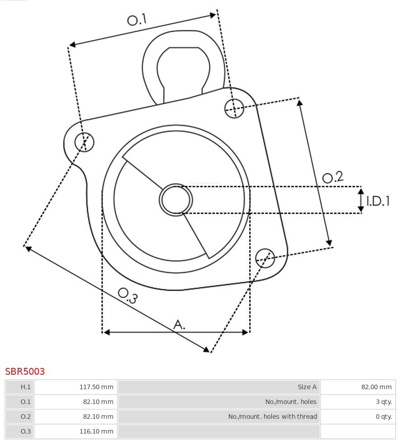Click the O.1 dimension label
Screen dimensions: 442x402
click(137, 20)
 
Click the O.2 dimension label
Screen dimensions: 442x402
click(333, 177)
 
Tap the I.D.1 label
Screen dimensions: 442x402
click(378, 201)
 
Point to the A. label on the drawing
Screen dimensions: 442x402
click(180, 324)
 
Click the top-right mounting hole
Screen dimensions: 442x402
click(234, 108)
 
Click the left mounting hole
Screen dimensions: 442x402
click(84, 142)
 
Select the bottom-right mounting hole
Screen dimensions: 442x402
click(265, 257)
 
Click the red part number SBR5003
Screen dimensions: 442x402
click(25, 372)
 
